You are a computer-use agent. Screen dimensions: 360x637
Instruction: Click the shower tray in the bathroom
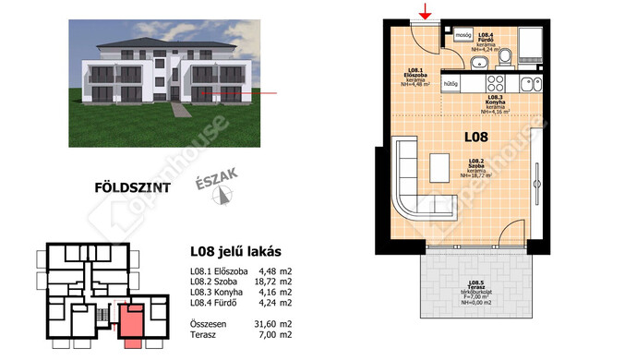coord(533,45)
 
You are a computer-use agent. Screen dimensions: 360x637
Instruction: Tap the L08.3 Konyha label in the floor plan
coord(496,102)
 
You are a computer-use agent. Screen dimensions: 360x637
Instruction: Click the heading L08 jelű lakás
coord(234,251)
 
